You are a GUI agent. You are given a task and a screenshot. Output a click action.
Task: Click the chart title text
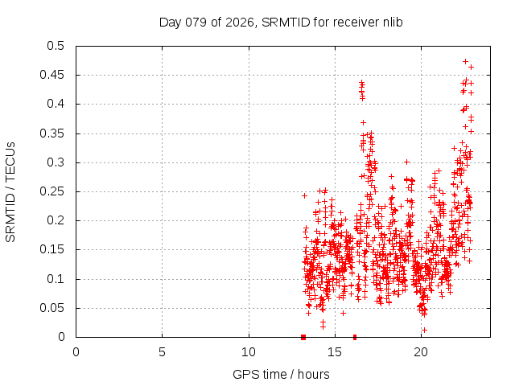(281, 22)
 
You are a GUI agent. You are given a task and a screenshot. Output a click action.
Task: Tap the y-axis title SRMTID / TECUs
(10, 192)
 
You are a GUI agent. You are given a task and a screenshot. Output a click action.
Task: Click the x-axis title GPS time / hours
(281, 374)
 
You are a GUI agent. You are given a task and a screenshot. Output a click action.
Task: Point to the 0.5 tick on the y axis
(60, 46)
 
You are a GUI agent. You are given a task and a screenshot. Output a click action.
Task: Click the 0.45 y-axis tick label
(57, 75)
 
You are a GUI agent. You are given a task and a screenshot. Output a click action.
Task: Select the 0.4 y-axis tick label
(60, 104)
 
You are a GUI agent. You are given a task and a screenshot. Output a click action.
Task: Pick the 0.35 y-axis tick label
(57, 133)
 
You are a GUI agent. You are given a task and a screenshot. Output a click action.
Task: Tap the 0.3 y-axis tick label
(60, 162)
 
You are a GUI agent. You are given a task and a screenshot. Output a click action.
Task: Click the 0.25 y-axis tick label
(57, 191)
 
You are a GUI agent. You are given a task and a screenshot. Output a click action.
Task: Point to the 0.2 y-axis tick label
(60, 220)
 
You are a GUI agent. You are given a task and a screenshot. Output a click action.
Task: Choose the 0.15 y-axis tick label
(57, 249)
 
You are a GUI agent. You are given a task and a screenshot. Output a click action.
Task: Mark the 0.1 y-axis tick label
(60, 279)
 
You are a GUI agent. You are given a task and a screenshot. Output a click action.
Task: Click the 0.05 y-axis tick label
(57, 308)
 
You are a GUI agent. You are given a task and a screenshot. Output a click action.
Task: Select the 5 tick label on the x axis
(162, 351)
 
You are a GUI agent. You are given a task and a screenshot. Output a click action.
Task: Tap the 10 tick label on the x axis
(249, 351)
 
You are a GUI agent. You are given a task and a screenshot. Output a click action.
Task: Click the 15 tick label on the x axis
(335, 351)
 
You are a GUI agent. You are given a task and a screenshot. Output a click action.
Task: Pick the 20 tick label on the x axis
(421, 351)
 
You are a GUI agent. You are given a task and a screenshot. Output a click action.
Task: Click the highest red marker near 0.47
(465, 61)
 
